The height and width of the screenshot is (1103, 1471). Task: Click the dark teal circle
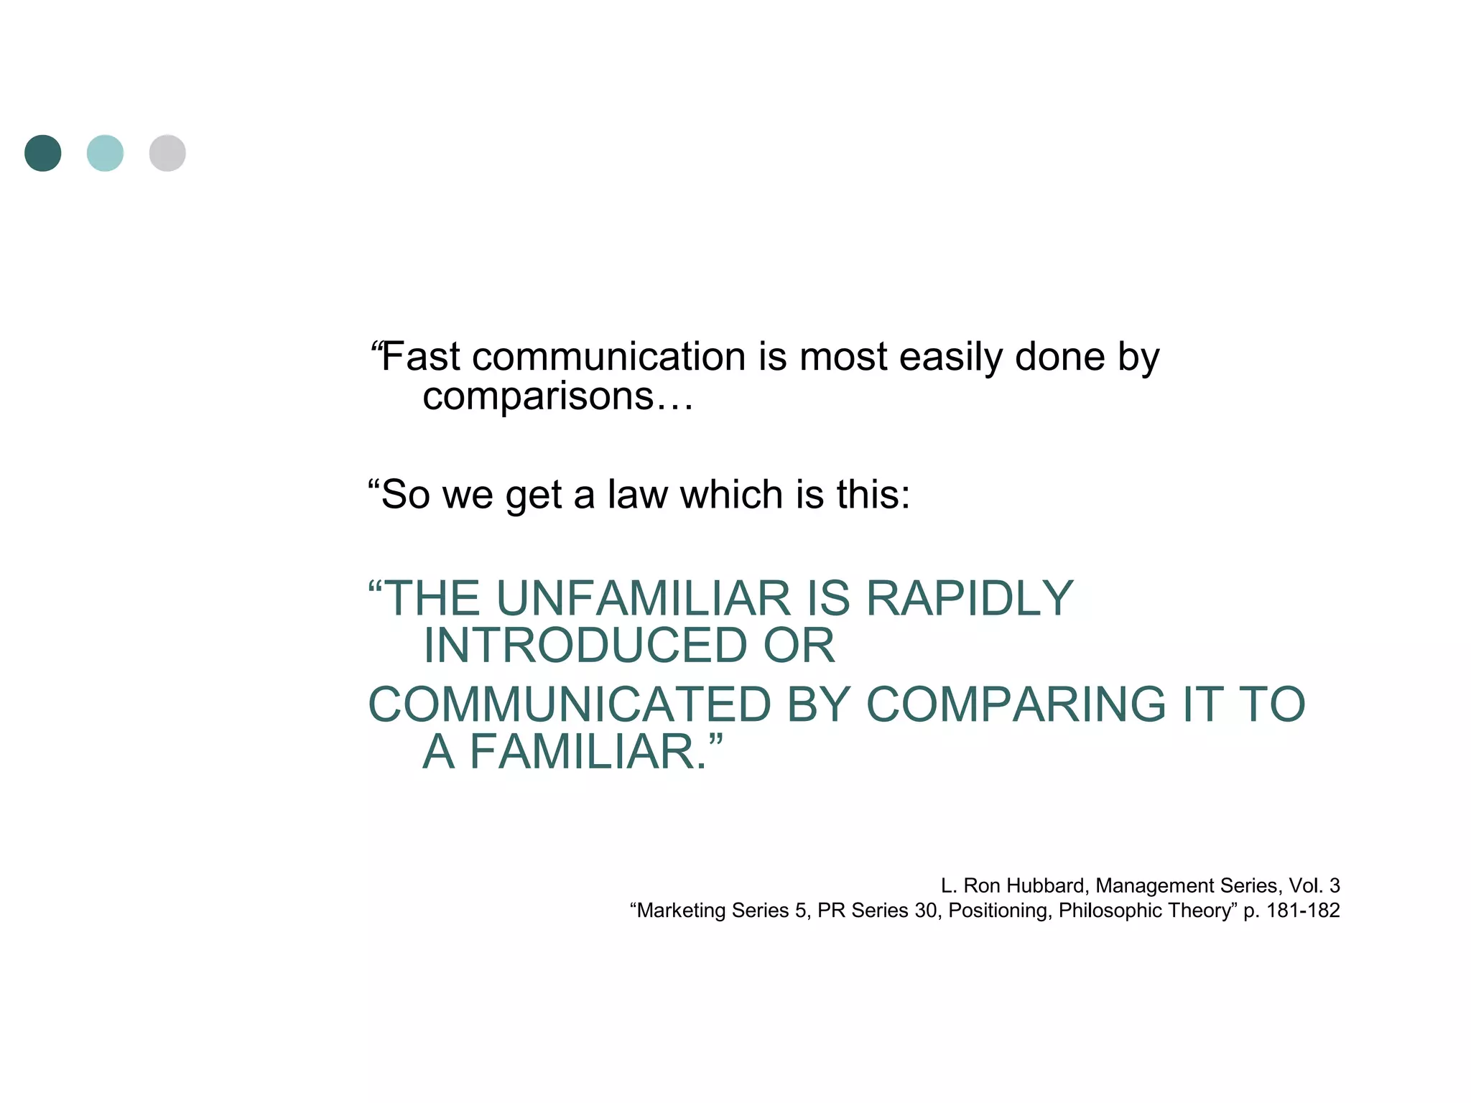click(x=43, y=153)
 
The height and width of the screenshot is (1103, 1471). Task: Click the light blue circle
click(x=105, y=153)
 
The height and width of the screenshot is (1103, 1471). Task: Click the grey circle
click(x=167, y=153)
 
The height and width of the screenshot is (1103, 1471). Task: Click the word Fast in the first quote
click(x=421, y=357)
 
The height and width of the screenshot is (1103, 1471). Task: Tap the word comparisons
click(x=538, y=396)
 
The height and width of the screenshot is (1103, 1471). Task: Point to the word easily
click(x=950, y=357)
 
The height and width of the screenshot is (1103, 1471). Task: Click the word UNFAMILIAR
click(x=644, y=598)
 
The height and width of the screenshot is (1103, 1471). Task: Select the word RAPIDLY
click(x=970, y=598)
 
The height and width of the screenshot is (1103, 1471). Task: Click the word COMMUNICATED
click(x=570, y=704)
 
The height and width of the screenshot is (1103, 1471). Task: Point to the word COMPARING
click(x=1016, y=704)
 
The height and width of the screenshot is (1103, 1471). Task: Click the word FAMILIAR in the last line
click(x=582, y=752)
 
